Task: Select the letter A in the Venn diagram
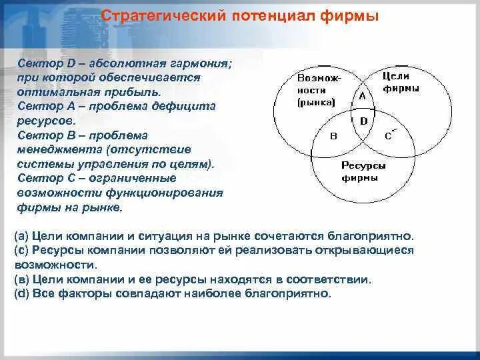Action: pyautogui.click(x=362, y=96)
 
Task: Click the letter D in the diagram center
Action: pyautogui.click(x=363, y=121)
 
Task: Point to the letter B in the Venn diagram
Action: pyautogui.click(x=334, y=136)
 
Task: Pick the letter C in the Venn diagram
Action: pyautogui.click(x=389, y=136)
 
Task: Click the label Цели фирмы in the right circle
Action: pyautogui.click(x=401, y=83)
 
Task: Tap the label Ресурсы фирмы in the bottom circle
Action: pyautogui.click(x=363, y=171)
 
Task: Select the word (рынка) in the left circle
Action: pyautogui.click(x=317, y=103)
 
